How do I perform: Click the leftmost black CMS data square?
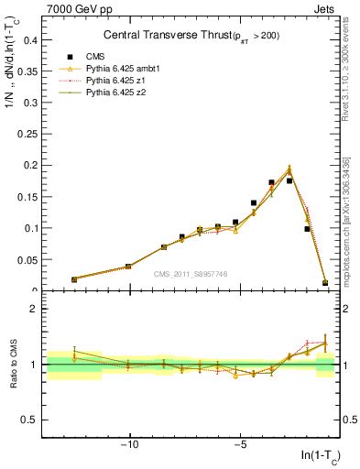[74, 279]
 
